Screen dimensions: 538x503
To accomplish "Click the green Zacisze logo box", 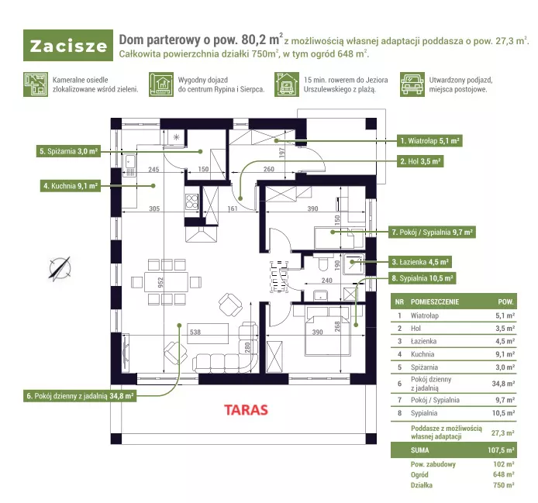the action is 68,45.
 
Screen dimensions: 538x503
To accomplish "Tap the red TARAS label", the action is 246,410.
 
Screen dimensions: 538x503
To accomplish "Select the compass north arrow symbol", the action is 60,269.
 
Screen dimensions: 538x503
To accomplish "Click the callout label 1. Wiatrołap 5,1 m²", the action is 429,141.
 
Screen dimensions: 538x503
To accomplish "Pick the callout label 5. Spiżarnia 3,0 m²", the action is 69,151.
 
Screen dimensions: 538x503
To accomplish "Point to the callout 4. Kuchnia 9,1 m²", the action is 71,186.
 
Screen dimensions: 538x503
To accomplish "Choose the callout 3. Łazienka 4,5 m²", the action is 420,262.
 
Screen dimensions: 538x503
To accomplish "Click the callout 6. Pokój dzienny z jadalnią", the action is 80,396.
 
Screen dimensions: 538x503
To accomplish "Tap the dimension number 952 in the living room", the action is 160,282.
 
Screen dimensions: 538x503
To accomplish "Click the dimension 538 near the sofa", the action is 195,332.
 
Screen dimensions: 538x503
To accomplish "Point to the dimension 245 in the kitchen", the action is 153,169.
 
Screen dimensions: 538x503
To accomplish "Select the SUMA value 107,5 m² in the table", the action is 501,450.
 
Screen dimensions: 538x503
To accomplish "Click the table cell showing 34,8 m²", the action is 503,384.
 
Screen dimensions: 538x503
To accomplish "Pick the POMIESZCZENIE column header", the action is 435,302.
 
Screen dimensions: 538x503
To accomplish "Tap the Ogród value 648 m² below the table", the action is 504,474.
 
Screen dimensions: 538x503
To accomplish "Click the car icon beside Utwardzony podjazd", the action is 412,84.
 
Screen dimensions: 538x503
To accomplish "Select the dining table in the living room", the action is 167,282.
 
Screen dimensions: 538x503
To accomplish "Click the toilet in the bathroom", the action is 322,263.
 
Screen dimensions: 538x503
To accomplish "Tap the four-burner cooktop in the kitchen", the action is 191,202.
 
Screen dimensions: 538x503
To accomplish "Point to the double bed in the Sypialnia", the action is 328,331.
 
